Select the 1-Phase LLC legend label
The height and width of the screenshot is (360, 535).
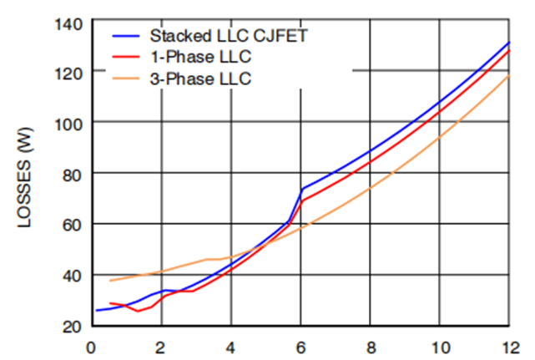[x=200, y=58]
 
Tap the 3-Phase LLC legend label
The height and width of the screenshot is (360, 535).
[x=200, y=79]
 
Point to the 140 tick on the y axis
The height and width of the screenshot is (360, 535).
[x=68, y=23]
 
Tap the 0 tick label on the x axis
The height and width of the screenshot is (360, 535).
[x=91, y=343]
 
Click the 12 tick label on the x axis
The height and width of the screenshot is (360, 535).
[x=508, y=343]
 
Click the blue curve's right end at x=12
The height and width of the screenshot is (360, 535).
[x=508, y=42]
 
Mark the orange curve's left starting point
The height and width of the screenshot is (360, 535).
[x=110, y=281]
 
